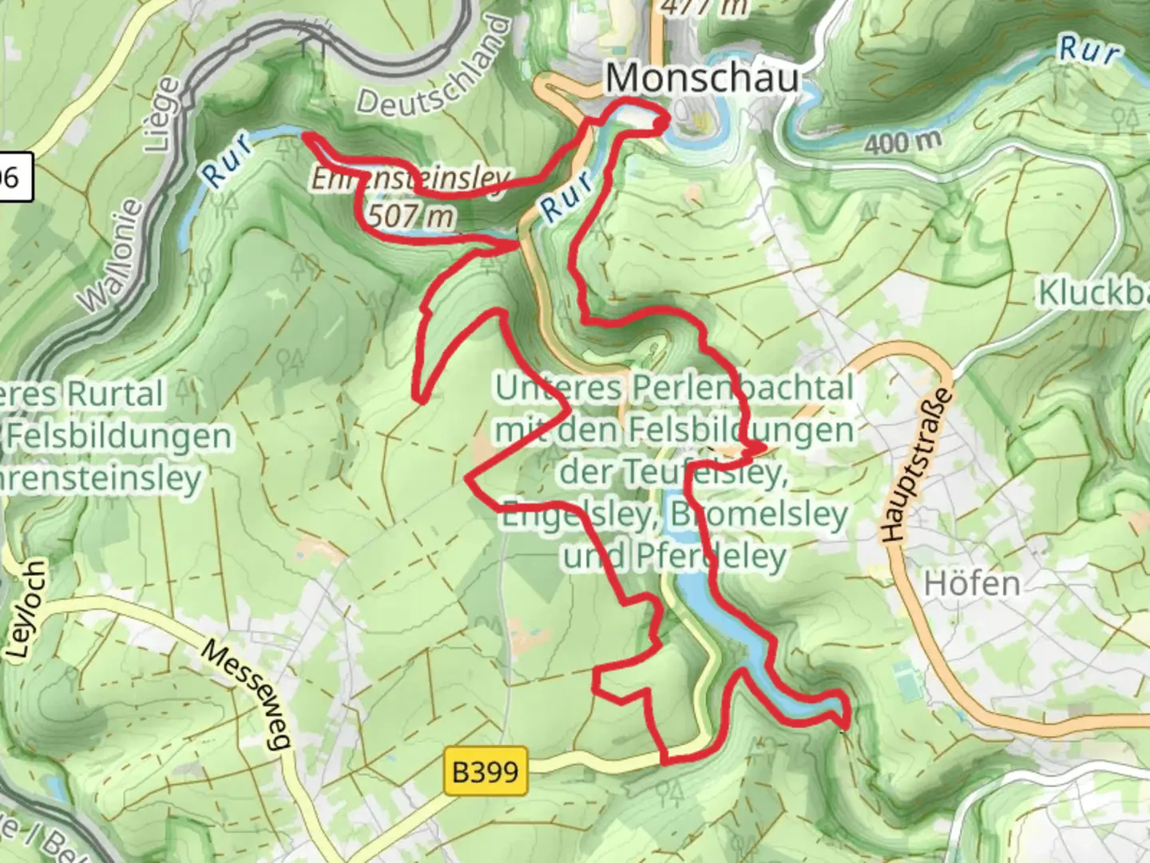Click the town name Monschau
pos(702,78)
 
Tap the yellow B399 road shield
pos(486,772)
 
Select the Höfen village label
pos(972,584)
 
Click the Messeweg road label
pos(244,694)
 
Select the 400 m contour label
pos(902,142)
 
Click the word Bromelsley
pos(759,514)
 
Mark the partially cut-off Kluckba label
pos(1092,293)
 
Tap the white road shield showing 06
pos(12,177)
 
